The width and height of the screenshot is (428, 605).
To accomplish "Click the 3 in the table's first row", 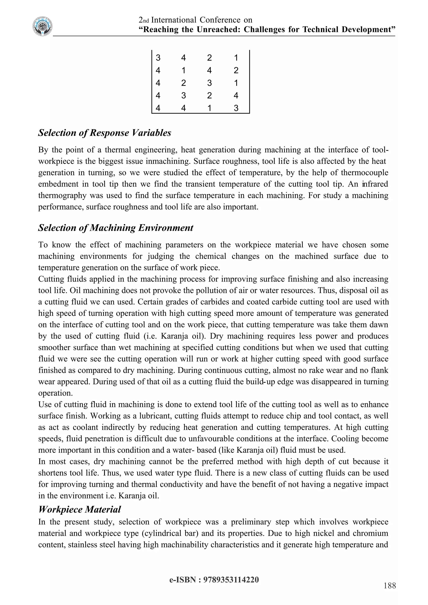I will click(158, 58).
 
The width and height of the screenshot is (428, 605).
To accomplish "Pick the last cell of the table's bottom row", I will click(236, 108).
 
